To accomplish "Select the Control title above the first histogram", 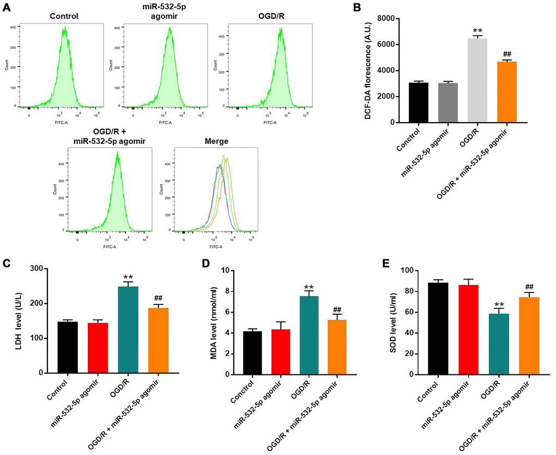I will pyautogui.click(x=64, y=16).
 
